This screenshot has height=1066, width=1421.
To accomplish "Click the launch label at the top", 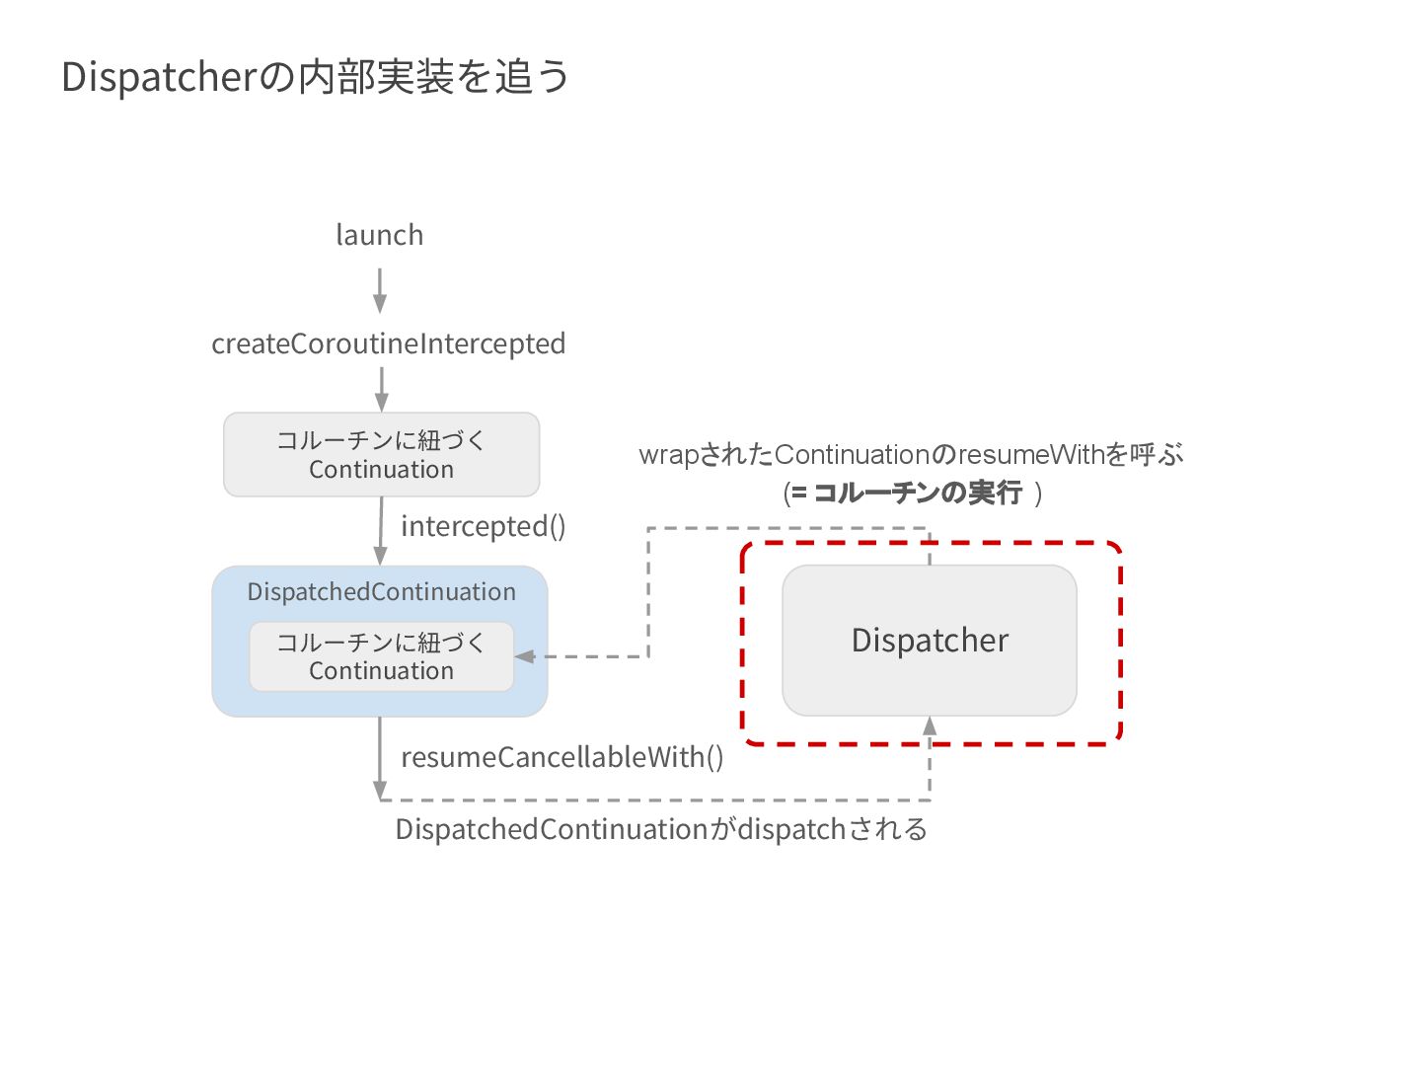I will (x=380, y=235).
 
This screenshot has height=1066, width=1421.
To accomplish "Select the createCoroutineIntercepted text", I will (x=388, y=343).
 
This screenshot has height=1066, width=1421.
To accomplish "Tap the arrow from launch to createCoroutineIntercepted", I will (x=380, y=290).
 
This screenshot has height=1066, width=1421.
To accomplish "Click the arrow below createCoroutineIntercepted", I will (x=381, y=389).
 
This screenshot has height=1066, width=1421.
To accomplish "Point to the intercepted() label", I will (x=483, y=526).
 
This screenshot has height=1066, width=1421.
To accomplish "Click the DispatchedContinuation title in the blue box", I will (x=381, y=591).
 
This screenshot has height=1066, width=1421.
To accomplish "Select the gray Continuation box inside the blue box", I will (x=381, y=656).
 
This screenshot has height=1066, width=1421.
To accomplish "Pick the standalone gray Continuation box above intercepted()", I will (x=381, y=454).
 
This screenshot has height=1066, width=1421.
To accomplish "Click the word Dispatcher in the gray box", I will (x=930, y=641).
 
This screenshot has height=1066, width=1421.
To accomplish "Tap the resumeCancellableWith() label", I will (x=561, y=757).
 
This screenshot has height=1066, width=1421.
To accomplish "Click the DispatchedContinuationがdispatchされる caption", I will (x=661, y=829).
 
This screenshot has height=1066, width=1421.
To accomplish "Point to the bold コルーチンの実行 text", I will (x=917, y=493).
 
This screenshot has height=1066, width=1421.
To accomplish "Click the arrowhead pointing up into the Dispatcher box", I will (x=930, y=727).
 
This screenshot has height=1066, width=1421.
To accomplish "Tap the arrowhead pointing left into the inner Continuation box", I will (x=525, y=656).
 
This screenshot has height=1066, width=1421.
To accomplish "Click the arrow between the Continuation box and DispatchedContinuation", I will (x=381, y=530).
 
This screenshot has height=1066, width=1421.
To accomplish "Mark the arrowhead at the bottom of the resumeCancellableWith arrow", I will (x=380, y=790).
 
